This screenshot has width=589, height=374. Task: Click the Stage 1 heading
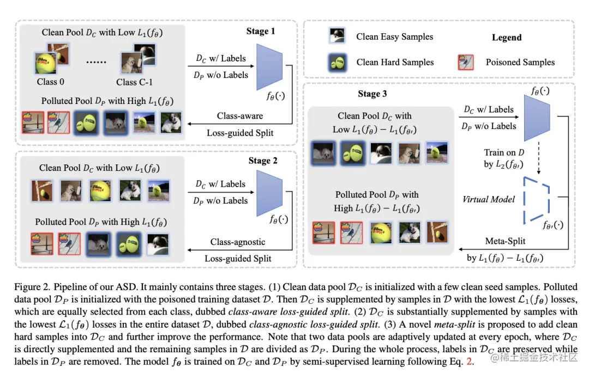coord(261,31)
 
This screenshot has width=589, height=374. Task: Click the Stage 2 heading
coord(263,161)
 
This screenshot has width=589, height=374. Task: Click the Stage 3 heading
coord(372,94)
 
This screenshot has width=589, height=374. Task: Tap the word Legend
coord(507,38)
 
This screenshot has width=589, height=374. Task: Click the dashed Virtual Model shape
coord(537,199)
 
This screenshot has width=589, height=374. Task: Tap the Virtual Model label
coord(489,199)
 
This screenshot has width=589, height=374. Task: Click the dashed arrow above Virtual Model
coord(538,158)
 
